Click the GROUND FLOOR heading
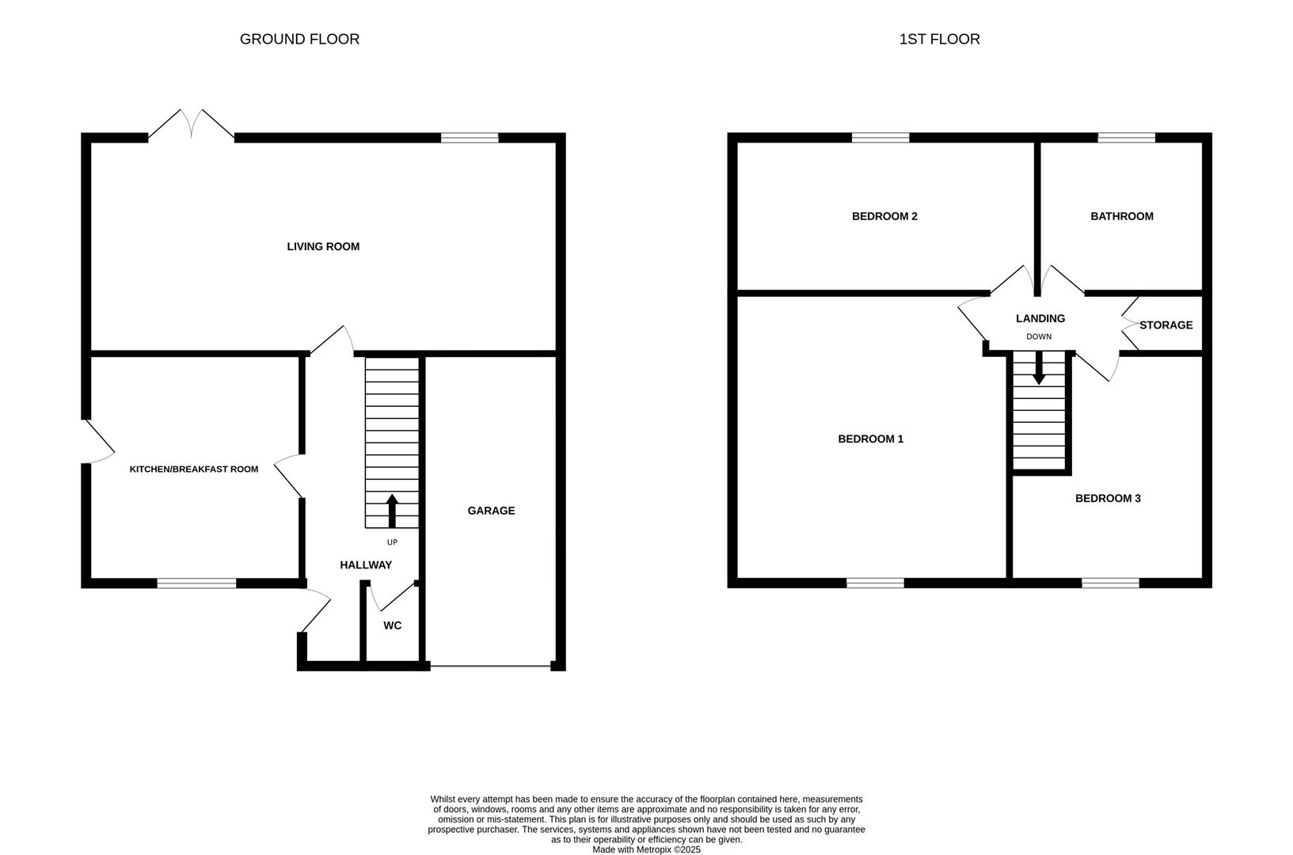pyautogui.click(x=299, y=40)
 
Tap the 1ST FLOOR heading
pyautogui.click(x=939, y=40)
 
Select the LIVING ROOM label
pyautogui.click(x=323, y=246)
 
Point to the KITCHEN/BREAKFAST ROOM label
pyautogui.click(x=194, y=469)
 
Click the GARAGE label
pyautogui.click(x=491, y=511)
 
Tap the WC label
pyautogui.click(x=393, y=625)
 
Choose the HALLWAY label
pyautogui.click(x=366, y=565)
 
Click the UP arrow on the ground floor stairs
pyautogui.click(x=393, y=511)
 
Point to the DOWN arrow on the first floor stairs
pyautogui.click(x=1039, y=368)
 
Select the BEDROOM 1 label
pyautogui.click(x=870, y=439)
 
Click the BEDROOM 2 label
pyautogui.click(x=885, y=216)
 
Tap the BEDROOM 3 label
pyautogui.click(x=1108, y=499)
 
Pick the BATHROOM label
pyautogui.click(x=1121, y=216)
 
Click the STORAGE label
pyautogui.click(x=1166, y=325)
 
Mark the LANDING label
pyautogui.click(x=1040, y=319)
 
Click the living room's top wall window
pyautogui.click(x=470, y=138)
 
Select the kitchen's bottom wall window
pyautogui.click(x=197, y=583)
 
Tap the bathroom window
pyautogui.click(x=1127, y=138)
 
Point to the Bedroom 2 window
pyautogui.click(x=880, y=138)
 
